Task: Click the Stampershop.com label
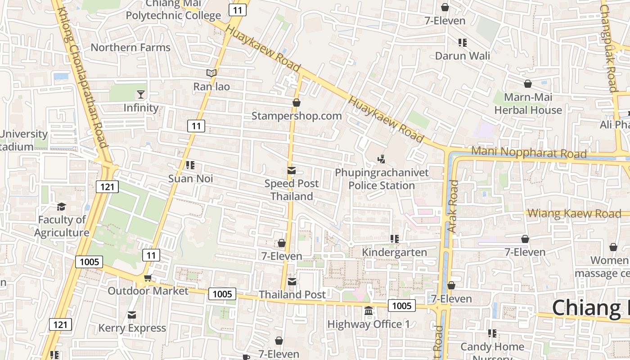[297, 116]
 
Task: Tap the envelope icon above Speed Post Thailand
[292, 171]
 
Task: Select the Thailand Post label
[292, 295]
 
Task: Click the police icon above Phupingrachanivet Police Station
[382, 159]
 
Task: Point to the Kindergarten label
[395, 252]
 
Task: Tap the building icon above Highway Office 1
[369, 311]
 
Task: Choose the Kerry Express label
[132, 328]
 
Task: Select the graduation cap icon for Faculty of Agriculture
[61, 207]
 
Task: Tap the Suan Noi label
[190, 179]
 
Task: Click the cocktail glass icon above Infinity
[141, 94]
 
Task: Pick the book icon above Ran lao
[211, 73]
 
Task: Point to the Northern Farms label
[130, 48]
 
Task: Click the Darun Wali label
[463, 56]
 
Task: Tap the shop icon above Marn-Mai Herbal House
[528, 84]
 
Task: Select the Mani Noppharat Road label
[529, 153]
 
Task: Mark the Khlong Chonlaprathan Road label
[82, 76]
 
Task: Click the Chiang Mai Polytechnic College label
[173, 10]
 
